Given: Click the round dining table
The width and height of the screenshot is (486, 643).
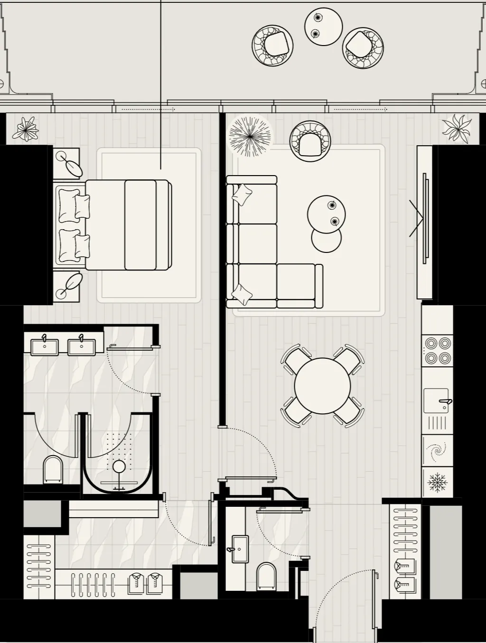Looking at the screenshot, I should pos(322,386).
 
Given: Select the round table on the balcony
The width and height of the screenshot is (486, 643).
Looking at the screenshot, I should pos(323,27).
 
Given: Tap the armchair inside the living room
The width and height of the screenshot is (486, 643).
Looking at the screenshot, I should pos(310,140).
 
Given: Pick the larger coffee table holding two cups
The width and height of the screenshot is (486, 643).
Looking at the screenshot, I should pos(326,214).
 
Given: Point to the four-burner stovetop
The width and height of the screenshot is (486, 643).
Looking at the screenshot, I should pos(438,350).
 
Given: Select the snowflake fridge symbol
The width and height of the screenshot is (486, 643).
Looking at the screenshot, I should pos(438,482).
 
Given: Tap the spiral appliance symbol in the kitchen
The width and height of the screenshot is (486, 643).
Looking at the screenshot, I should pos(437,451).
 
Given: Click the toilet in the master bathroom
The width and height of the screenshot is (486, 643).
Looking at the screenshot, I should pos(53,469).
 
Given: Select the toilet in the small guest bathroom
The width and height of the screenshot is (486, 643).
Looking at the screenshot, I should pos(266,576).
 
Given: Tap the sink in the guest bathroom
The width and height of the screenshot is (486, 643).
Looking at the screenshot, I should pos(240,549).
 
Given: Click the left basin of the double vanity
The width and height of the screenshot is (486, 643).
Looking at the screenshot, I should pos(45,346).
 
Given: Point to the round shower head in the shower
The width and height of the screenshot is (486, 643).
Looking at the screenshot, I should pos(119,467).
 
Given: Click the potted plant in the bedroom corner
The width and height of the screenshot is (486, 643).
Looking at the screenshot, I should pos(25,129).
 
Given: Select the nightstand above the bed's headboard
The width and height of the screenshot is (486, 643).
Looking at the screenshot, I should pos(66,163).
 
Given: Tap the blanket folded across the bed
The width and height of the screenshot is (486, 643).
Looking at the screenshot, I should pos(140,225).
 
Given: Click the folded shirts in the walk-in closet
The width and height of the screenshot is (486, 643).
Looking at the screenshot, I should pos(145,583).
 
